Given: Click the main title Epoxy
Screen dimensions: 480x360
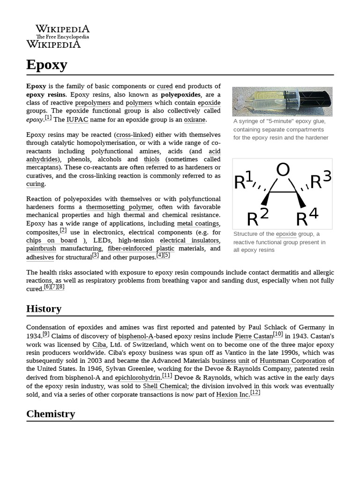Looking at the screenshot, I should point(47,65).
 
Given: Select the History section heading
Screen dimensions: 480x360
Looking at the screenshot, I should point(44,308).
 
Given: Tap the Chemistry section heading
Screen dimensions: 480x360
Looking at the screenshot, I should point(51,413).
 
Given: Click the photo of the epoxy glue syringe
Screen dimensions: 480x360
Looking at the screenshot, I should point(282,101).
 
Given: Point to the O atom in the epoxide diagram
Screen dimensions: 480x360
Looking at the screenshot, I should point(283,170).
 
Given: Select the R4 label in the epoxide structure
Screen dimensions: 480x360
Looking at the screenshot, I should point(307,217).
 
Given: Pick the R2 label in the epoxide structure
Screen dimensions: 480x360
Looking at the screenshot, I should point(258,217).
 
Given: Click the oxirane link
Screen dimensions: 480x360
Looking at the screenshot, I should point(194,120).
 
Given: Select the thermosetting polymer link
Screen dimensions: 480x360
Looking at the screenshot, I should point(119,207).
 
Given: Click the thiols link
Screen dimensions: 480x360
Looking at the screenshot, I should point(151,159).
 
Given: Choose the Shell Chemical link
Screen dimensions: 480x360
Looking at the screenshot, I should point(165,386).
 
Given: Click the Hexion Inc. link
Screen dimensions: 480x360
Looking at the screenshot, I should point(232,395).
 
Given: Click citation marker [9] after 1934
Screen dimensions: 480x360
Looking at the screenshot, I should point(46,334).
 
